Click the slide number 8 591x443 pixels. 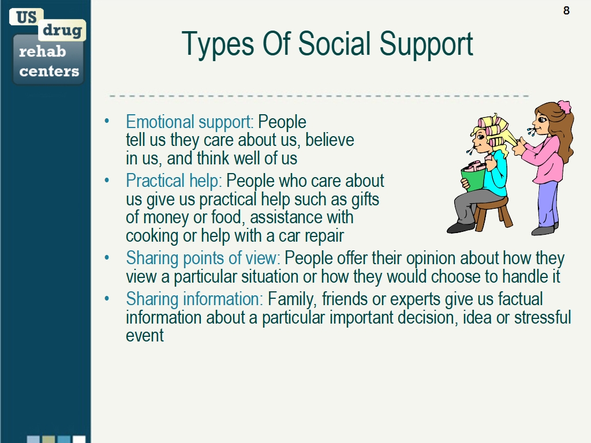566,10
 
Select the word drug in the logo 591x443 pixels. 62,30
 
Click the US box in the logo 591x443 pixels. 27,17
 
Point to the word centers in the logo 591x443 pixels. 49,71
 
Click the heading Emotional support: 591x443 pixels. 189,122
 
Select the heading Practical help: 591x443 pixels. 174,181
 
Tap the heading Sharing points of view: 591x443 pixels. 203,258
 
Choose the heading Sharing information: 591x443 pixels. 194,299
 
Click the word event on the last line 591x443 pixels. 145,335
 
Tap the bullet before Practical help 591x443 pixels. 107,181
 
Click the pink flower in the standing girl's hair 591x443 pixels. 564,106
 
